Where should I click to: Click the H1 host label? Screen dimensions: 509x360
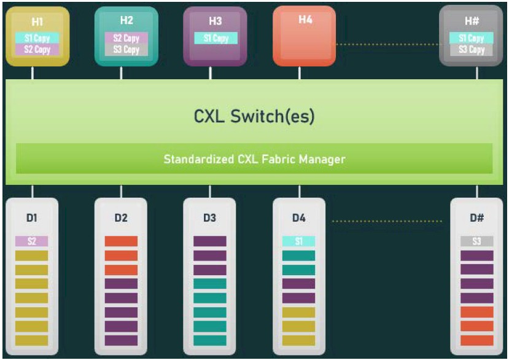point(37,22)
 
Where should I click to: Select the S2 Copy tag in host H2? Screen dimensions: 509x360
point(126,38)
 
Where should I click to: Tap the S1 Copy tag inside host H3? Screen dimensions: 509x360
point(216,38)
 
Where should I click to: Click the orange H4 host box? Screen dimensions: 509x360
point(304,36)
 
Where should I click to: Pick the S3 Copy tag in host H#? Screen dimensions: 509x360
point(472,50)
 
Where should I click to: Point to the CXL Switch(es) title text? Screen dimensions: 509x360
point(254,116)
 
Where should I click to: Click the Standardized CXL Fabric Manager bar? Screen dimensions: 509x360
point(254,158)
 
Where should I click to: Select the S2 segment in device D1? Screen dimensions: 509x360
point(31,241)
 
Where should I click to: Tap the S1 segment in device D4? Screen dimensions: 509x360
point(298,241)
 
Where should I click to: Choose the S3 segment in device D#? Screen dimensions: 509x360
point(477,241)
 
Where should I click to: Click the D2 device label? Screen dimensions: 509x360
point(121,217)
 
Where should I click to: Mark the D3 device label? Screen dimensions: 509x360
point(210,217)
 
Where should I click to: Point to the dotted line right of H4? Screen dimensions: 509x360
point(387,44)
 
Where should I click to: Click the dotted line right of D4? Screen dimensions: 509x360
point(387,221)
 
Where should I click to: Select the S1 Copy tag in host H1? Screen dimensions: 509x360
point(37,38)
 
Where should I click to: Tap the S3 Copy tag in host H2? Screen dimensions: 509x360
point(126,50)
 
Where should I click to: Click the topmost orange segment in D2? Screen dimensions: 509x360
point(121,241)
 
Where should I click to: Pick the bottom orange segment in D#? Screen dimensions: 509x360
point(477,340)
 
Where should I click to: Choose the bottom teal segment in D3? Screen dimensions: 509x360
point(210,340)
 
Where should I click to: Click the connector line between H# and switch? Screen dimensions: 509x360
point(477,72)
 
